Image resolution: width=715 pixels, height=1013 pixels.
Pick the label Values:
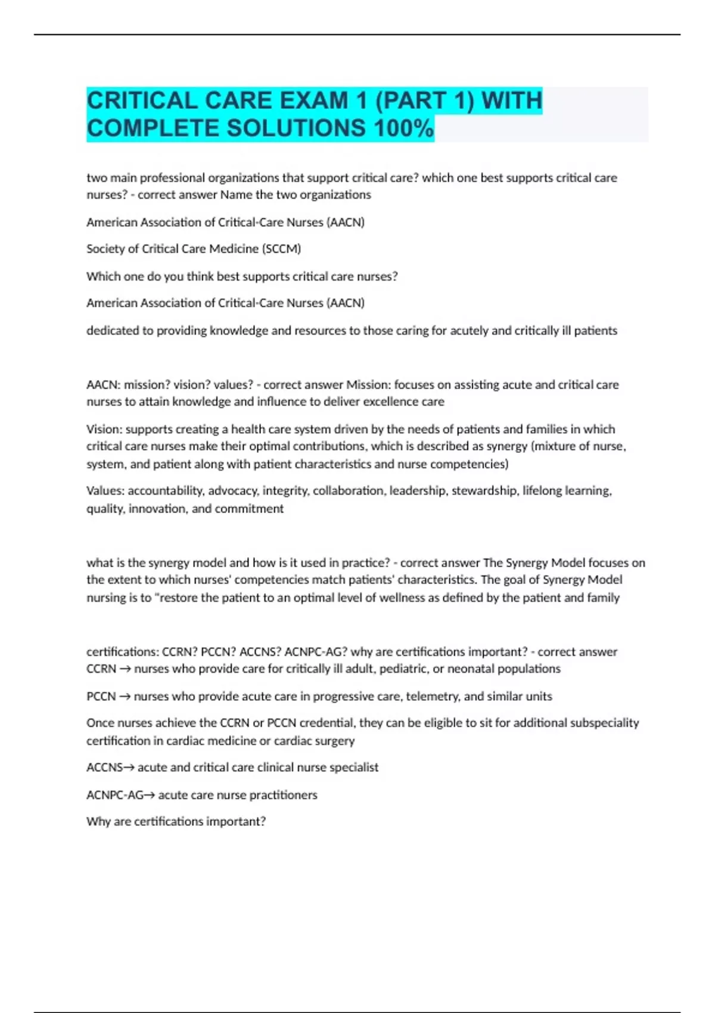click(105, 490)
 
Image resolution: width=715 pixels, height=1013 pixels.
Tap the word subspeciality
click(604, 723)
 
